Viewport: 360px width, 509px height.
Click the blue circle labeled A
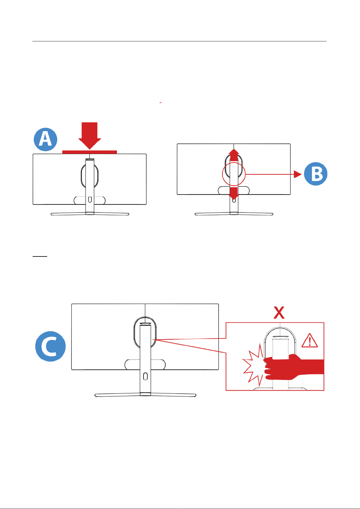45,140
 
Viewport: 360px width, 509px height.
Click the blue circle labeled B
316,174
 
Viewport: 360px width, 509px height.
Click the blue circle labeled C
50,346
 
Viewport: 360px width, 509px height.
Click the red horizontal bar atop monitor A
89,152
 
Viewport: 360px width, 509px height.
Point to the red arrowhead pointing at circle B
298,174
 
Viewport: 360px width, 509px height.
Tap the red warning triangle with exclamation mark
310,341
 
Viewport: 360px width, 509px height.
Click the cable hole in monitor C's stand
145,376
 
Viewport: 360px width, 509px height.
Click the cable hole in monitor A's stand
90,200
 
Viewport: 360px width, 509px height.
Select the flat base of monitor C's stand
145,395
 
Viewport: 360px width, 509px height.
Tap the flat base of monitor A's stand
90,214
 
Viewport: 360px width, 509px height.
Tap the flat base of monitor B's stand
234,214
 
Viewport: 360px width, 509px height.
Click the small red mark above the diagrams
161,103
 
